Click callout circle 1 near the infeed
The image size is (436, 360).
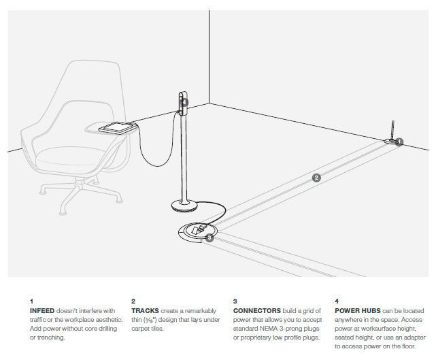pos(399,142)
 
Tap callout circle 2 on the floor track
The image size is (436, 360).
pos(316,178)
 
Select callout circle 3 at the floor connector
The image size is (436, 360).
pos(209,238)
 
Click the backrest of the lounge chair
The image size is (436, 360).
pos(88,88)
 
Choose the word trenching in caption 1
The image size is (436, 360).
pos(54,337)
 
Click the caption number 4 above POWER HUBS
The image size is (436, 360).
pos(337,301)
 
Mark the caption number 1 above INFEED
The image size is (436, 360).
pos(31,301)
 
